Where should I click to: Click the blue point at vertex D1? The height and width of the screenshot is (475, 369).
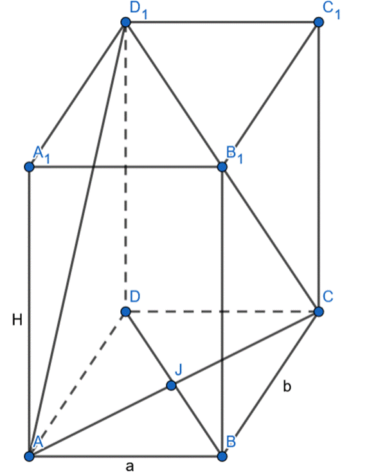point(125,22)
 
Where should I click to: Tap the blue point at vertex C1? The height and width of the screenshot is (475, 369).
point(318,22)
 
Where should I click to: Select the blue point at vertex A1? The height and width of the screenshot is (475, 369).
point(29,166)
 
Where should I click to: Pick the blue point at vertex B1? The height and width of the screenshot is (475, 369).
point(222,166)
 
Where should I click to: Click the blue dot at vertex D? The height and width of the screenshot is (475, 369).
point(125,311)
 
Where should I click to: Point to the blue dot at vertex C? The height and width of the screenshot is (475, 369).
point(318,311)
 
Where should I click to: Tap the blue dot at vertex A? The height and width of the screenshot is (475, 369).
point(29,456)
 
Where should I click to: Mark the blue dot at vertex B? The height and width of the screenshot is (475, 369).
point(222,456)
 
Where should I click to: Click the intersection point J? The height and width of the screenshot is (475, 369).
point(171,385)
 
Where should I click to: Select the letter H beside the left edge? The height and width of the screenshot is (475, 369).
point(17,319)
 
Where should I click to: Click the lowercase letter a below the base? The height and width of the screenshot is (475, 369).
point(130,467)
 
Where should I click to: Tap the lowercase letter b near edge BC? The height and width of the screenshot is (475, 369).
point(287,386)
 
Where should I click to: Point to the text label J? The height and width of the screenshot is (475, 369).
point(179,370)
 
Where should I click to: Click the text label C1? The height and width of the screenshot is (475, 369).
point(332,10)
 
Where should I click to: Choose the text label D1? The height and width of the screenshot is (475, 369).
point(138,10)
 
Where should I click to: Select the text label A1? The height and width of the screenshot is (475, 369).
point(41,154)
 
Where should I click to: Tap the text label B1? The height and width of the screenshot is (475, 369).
point(235,154)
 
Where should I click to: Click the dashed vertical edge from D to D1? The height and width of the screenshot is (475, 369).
point(125,166)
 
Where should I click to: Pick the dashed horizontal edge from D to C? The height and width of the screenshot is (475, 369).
point(222,311)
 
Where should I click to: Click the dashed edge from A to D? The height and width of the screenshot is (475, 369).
point(77,384)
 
